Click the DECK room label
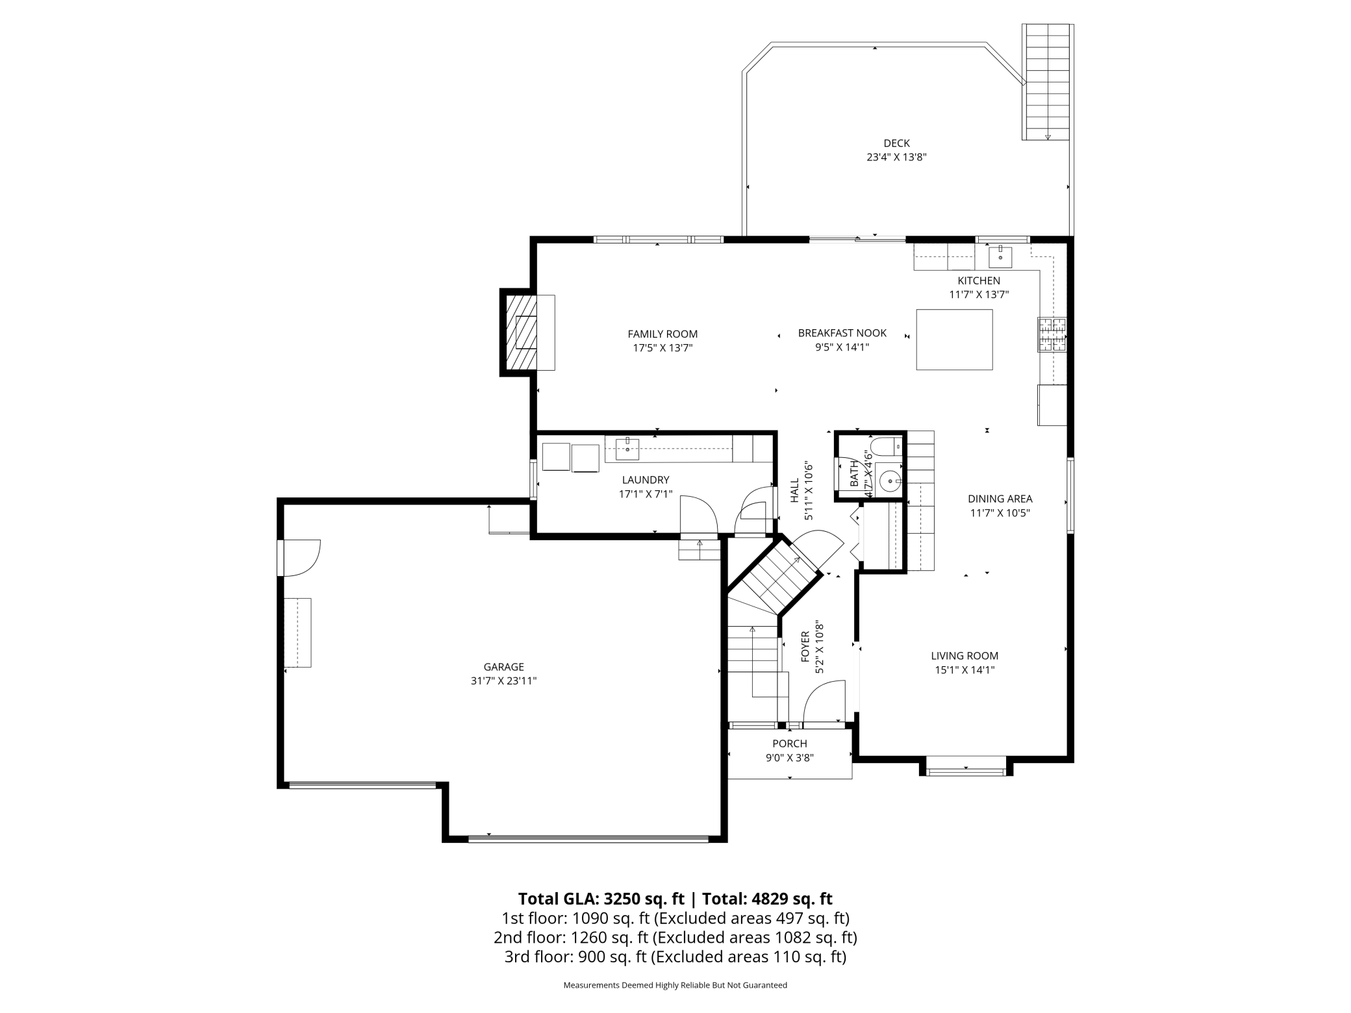point(896,143)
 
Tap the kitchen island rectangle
point(954,340)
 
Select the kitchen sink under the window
point(1000,257)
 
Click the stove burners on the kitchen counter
point(1052,334)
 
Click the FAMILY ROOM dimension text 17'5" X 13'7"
point(663,348)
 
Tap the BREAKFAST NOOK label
point(842,333)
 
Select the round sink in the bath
point(889,481)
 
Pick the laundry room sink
point(627,449)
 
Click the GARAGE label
point(503,667)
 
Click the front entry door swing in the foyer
point(824,701)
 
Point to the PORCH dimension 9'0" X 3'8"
point(789,758)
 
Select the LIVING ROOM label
point(964,656)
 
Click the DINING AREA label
point(1000,499)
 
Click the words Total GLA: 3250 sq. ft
point(601,899)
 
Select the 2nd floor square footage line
point(675,938)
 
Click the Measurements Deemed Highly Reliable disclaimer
point(675,985)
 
